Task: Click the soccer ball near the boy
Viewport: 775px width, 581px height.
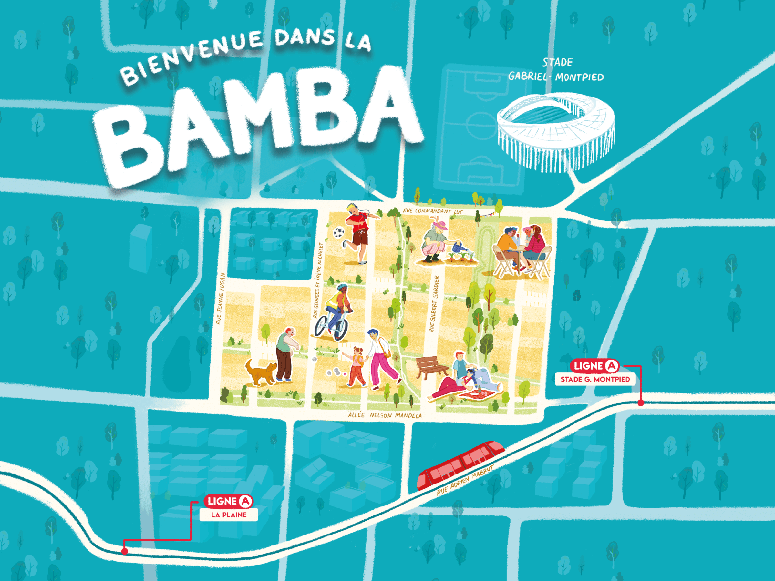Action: [339, 232]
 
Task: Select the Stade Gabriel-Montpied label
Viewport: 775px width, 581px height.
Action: [556, 70]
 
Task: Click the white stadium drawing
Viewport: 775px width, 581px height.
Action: [556, 131]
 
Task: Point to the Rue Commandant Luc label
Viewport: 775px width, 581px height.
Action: [433, 211]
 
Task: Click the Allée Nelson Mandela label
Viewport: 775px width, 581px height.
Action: [385, 415]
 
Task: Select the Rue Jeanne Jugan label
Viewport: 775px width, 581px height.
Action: [220, 299]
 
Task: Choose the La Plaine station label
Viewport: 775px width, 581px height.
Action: [229, 515]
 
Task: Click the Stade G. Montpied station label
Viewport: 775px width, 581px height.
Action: [595, 379]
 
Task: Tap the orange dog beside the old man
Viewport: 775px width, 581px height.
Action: [260, 372]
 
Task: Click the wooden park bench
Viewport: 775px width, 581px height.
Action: [431, 367]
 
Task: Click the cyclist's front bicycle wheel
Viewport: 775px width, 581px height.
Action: [341, 329]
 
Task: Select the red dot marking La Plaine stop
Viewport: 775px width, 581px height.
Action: [124, 551]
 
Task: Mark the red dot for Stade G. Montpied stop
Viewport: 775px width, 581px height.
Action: [641, 403]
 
